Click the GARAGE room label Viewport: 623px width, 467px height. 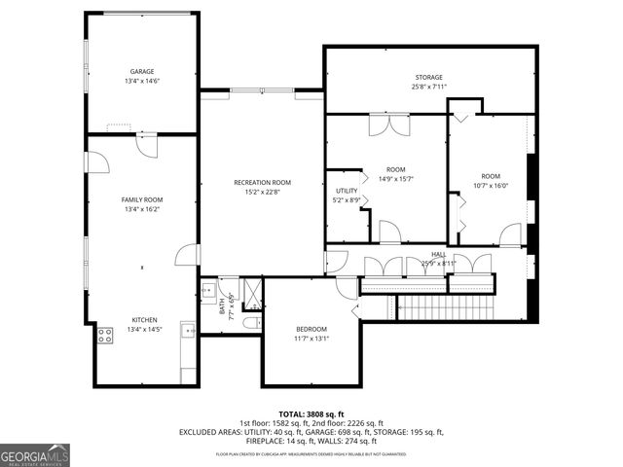[142, 72]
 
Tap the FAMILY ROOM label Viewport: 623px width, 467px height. [142, 199]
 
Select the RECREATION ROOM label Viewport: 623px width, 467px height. [262, 183]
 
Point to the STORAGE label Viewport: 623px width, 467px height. [429, 78]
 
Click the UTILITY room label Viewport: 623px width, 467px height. [347, 191]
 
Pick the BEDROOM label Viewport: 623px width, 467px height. [311, 329]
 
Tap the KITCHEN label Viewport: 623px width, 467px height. [144, 320]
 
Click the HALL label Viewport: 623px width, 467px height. [439, 254]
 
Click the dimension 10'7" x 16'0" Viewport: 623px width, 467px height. [491, 185]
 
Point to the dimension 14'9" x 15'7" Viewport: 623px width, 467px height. [395, 178]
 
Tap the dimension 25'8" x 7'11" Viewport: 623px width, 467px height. [429, 88]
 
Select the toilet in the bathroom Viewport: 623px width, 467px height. [250, 322]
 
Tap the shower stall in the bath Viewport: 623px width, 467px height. [250, 293]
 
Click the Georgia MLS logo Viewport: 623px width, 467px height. [35, 454]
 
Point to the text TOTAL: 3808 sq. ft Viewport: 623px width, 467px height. [311, 413]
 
